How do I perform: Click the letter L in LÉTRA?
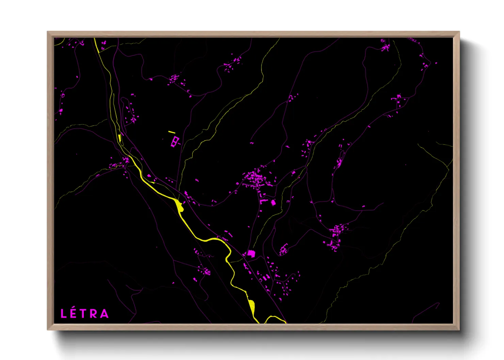point(63,313)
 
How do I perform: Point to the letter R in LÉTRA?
point(94,313)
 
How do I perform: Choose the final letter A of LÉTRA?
point(105,313)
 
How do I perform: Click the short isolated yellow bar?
point(172,132)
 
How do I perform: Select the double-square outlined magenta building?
point(175,141)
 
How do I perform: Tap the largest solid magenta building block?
point(251,253)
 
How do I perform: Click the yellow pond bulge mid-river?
point(179,205)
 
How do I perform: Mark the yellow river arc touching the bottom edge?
point(274,318)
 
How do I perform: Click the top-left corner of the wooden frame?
point(48,32)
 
